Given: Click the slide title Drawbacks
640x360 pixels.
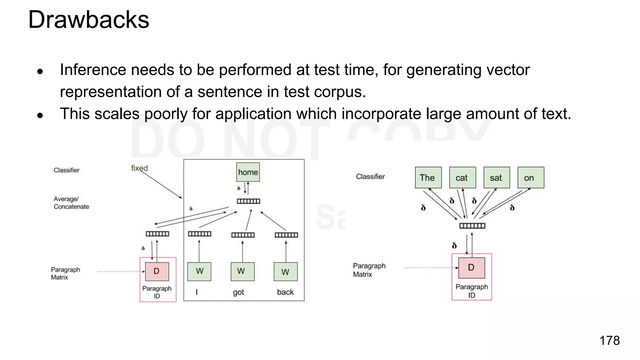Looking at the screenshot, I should coord(89,20).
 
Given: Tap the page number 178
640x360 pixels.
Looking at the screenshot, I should coord(609,340).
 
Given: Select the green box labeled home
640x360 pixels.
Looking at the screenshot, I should coord(248,172).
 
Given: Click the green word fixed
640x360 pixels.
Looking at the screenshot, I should coord(139,168).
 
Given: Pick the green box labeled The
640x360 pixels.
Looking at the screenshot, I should coord(428,177).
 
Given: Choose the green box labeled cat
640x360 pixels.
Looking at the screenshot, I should coord(462,177).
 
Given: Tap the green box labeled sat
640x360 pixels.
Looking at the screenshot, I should coord(497,177).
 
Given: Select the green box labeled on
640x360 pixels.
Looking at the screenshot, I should coord(531,177).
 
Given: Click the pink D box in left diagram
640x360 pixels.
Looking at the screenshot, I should coord(157,271).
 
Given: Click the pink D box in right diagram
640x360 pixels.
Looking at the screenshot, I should coord(472,267).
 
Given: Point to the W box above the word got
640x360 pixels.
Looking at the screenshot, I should coord(242,271).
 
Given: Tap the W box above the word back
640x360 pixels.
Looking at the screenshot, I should coord(286,272).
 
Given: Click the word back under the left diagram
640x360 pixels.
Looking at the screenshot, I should coord(285,292).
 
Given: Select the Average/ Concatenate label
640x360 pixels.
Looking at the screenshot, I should coord(71,203).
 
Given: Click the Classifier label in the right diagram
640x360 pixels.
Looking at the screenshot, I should coord(370,177).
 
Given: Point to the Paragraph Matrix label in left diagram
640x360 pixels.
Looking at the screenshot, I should coord(65,273).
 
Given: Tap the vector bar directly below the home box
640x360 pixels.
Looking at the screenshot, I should coord(248,201).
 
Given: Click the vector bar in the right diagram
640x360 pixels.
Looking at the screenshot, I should coord(472,226).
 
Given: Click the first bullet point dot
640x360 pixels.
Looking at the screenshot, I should coord(40,72).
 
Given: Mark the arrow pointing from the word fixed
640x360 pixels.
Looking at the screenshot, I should coord(161,184).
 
